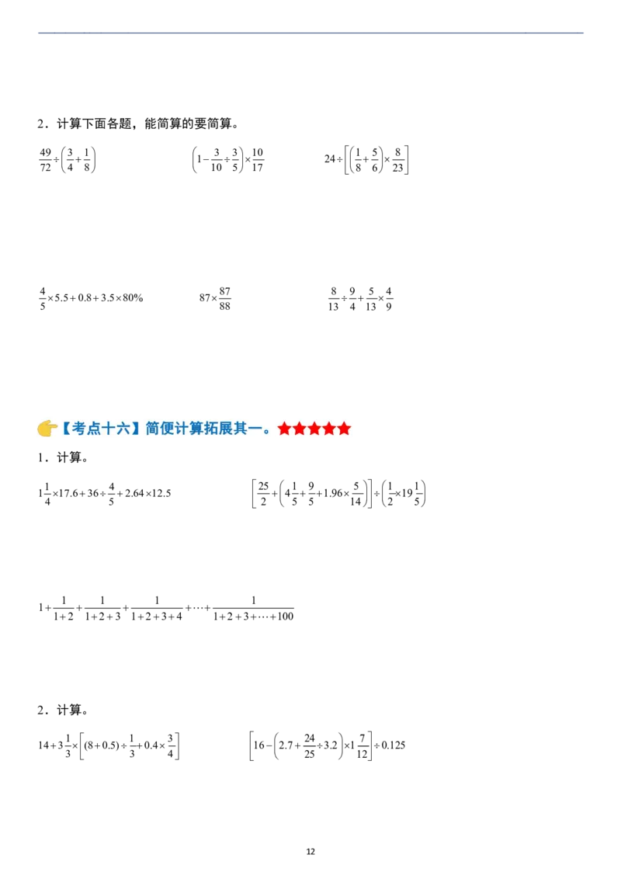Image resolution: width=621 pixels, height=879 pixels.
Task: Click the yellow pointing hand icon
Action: point(47,429)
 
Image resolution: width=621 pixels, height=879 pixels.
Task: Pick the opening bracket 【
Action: point(67,428)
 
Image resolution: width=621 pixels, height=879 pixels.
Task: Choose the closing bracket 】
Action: point(137,428)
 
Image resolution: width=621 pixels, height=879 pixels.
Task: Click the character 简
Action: point(153,428)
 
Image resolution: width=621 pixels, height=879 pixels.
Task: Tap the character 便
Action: point(168,428)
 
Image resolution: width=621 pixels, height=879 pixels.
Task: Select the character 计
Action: point(183,428)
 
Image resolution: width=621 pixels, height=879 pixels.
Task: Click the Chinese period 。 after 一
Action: point(268,432)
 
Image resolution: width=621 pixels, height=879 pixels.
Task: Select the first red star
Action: point(285,429)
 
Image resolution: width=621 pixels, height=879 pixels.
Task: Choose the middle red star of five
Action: point(314,429)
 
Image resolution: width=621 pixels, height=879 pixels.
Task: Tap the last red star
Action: point(344,429)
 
